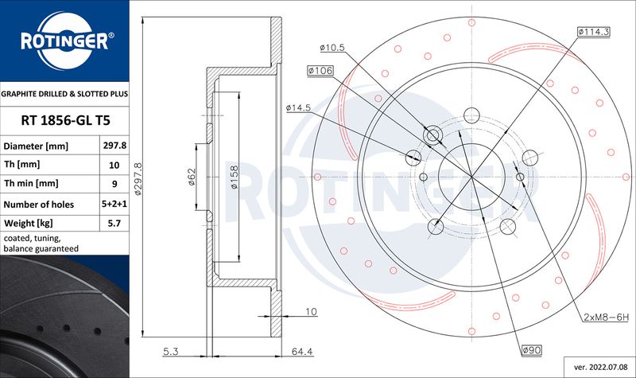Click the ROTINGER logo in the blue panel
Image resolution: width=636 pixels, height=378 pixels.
(x=65, y=41)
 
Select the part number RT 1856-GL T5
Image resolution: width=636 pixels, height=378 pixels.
(x=65, y=121)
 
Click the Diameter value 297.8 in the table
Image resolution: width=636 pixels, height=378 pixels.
(x=114, y=146)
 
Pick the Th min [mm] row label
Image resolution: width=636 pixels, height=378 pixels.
(x=31, y=184)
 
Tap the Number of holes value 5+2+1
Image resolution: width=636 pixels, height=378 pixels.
(x=114, y=204)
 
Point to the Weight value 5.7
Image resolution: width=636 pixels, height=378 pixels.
(x=114, y=223)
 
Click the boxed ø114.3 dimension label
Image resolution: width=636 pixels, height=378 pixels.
(x=594, y=32)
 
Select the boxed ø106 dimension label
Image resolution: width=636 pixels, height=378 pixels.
(x=320, y=71)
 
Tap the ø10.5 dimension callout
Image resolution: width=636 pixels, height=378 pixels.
(x=332, y=48)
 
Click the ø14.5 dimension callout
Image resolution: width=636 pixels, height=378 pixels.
(x=298, y=107)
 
